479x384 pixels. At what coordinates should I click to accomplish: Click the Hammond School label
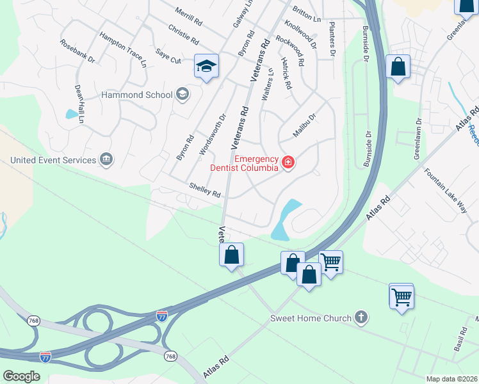point(137,95)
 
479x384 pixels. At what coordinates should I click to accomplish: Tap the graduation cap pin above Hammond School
point(207,67)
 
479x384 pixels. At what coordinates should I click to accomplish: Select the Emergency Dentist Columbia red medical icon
point(288,163)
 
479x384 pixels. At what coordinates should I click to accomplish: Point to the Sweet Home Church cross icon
point(361,317)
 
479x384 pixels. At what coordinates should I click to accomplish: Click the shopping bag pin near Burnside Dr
point(398,67)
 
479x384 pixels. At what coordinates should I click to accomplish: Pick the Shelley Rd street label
point(205,190)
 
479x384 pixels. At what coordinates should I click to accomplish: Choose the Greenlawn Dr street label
point(418,138)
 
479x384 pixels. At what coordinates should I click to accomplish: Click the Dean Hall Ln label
point(79,104)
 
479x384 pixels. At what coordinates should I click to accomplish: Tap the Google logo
point(22,376)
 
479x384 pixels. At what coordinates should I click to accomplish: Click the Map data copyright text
point(451,379)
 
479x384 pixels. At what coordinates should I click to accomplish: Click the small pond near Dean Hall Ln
point(70,115)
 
